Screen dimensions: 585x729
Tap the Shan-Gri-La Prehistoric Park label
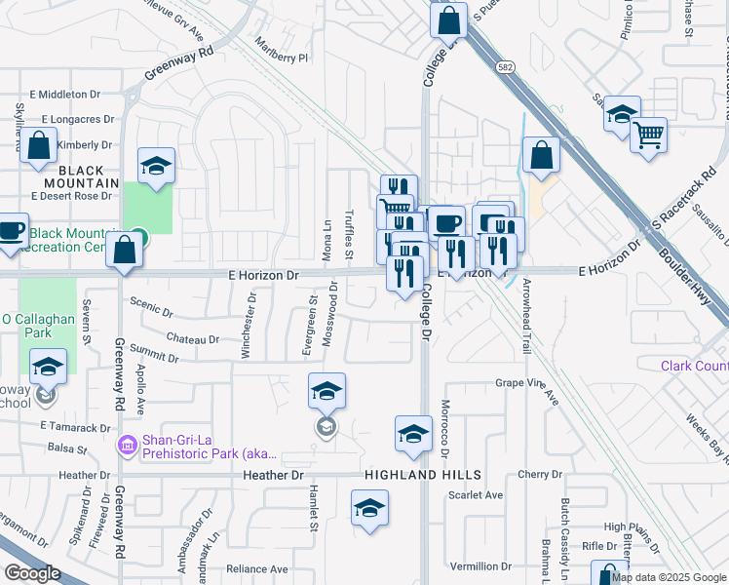(210, 447)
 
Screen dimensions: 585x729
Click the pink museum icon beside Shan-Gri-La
(127, 447)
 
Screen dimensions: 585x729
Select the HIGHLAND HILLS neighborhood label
(423, 475)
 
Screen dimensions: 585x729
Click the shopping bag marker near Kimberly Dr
(38, 148)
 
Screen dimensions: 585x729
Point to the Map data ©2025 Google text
(669, 577)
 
